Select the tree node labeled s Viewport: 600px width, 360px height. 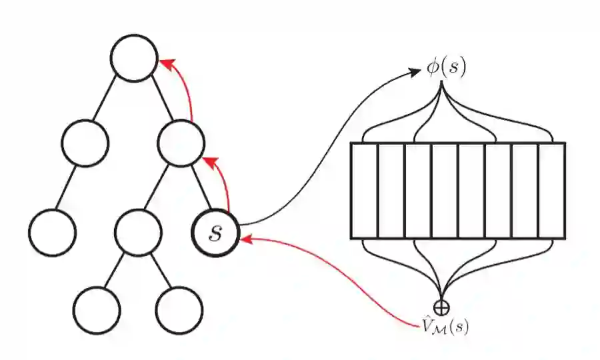pos(214,232)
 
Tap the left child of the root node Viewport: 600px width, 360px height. pos(85,142)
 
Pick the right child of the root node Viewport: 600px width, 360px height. pos(181,142)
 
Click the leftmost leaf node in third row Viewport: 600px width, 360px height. pos(53,232)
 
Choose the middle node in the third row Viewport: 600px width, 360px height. pos(137,232)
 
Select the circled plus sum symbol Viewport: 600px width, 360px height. pos(441,307)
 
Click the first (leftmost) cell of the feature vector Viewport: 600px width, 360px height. pos(364,191)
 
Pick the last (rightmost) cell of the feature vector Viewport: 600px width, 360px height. pos(551,191)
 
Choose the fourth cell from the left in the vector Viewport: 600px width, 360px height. pos(445,191)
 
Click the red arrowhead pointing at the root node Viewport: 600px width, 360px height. pos(165,64)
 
